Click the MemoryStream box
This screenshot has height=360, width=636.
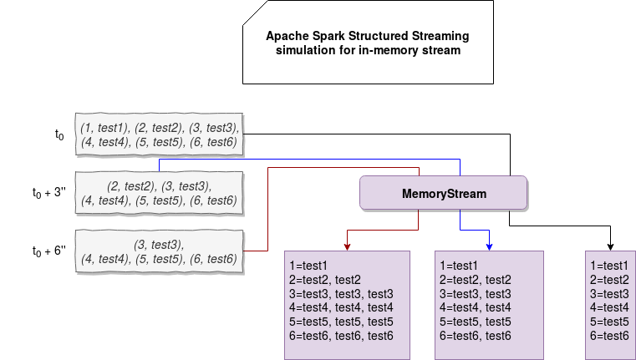[443, 193]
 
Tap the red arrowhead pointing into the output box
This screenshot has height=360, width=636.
[347, 247]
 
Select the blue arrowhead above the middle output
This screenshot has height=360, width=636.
[489, 247]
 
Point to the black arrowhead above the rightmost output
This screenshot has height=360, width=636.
[610, 247]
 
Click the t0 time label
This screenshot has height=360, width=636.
[59, 134]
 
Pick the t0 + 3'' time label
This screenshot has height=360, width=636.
[49, 193]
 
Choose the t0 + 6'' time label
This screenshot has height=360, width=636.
[49, 251]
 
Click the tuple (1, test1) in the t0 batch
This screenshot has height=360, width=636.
[105, 128]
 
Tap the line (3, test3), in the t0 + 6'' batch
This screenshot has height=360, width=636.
[159, 245]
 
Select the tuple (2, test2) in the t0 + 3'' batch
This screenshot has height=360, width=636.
[132, 186]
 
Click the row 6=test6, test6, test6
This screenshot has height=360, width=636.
[341, 336]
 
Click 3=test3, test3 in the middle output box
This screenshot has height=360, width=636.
[475, 294]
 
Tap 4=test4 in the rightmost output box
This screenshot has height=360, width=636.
[609, 307]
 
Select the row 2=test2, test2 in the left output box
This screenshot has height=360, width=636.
[325, 280]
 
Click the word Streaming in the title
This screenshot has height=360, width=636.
[440, 37]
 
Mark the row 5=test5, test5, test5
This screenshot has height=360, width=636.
[341, 322]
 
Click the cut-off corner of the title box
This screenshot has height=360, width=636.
[256, 13]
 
